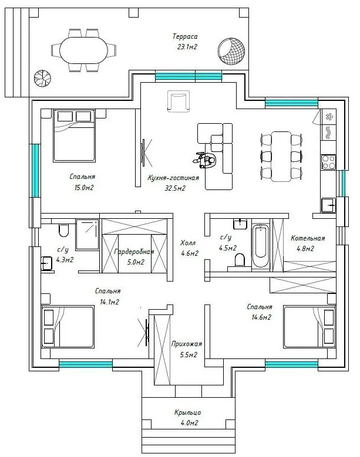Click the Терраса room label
click(185, 36)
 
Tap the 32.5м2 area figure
click(175, 188)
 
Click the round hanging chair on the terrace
click(231, 50)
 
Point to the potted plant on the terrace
click(43, 78)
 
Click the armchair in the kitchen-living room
click(179, 101)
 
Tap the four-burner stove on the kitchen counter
click(328, 162)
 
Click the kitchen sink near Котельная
click(328, 205)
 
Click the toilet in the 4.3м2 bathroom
click(63, 230)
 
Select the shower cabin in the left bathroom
click(88, 235)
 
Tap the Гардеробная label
click(134, 252)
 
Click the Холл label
click(188, 243)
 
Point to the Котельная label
click(308, 238)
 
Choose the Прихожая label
click(186, 344)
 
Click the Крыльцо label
click(187, 412)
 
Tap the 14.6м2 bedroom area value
click(261, 317)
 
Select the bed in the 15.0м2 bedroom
click(74, 136)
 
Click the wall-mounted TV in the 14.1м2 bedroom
click(147, 332)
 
